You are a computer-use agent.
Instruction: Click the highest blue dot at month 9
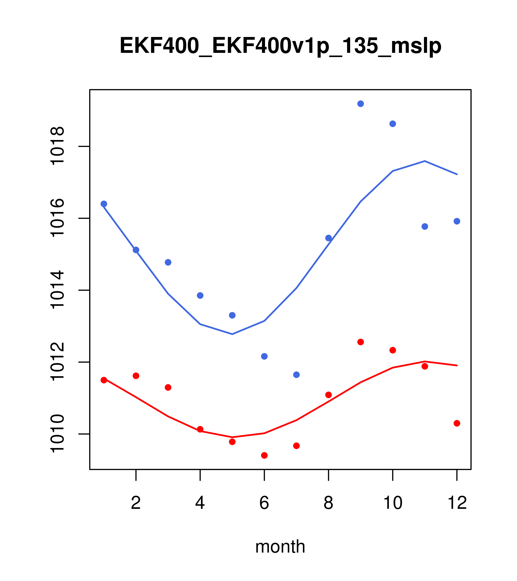[x=360, y=104]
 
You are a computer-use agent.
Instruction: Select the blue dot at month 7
[x=296, y=375]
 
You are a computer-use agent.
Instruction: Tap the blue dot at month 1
[x=104, y=204]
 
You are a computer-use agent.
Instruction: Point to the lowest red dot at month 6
[x=264, y=455]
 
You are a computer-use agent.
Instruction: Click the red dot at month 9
[x=360, y=342]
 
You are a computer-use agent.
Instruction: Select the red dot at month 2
[x=136, y=376]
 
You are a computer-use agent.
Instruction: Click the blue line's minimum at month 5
[x=232, y=334]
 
